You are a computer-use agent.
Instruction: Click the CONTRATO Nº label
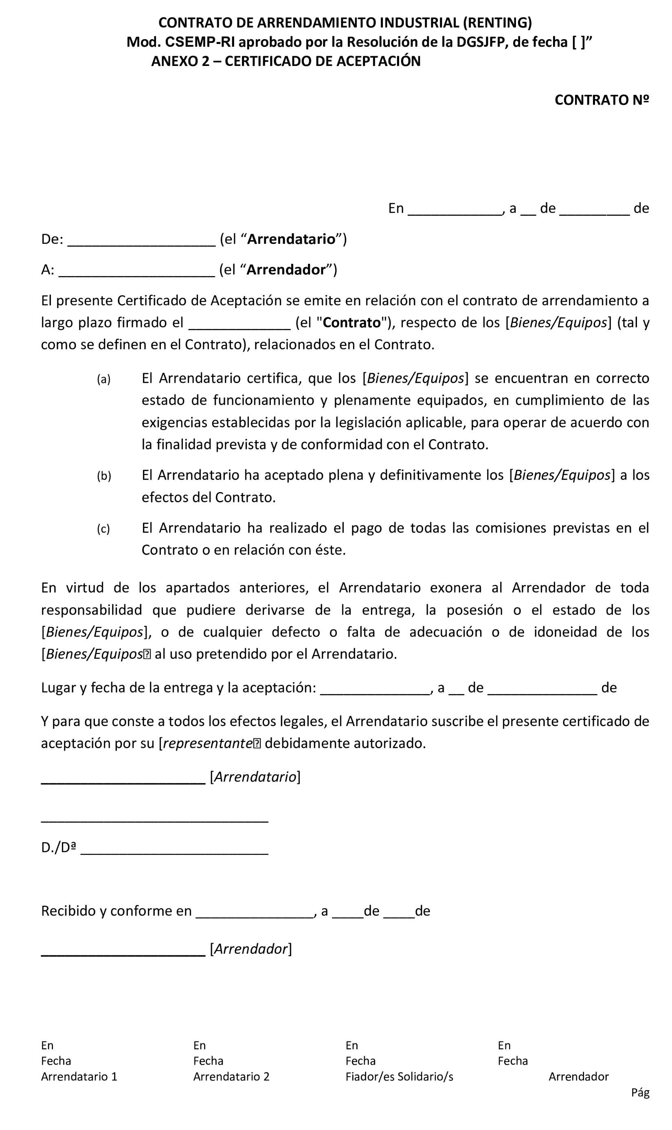coord(602,100)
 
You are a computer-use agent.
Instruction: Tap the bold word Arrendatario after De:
coord(291,239)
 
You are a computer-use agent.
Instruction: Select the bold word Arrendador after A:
coord(286,270)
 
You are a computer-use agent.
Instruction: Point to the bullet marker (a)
coord(104,379)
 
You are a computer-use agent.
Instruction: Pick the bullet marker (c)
coord(103,529)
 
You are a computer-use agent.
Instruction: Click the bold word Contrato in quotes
coord(351,323)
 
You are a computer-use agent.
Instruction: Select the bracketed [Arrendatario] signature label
coord(255,777)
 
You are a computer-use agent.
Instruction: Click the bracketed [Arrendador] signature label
coord(250,949)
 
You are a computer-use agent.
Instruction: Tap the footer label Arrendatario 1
coord(79,1077)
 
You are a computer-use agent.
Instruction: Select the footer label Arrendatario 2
coord(231,1077)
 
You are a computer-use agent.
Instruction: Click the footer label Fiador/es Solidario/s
coord(399,1077)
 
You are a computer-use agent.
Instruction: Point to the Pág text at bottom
coord(640,1093)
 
